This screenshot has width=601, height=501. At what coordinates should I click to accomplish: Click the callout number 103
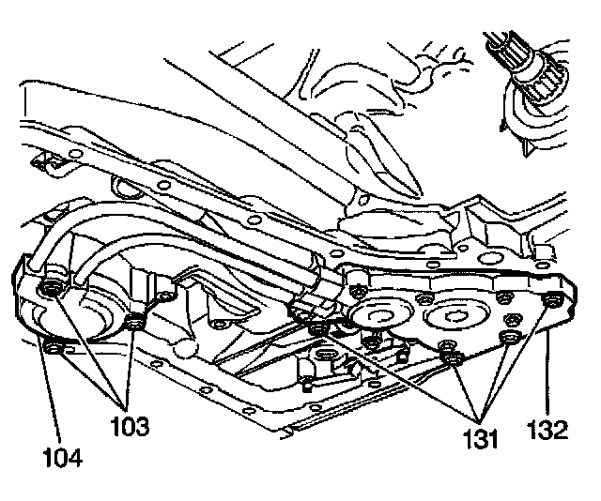(129, 428)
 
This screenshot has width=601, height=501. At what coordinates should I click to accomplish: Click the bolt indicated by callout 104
(54, 350)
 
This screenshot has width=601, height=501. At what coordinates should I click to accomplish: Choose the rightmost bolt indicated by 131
(510, 338)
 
